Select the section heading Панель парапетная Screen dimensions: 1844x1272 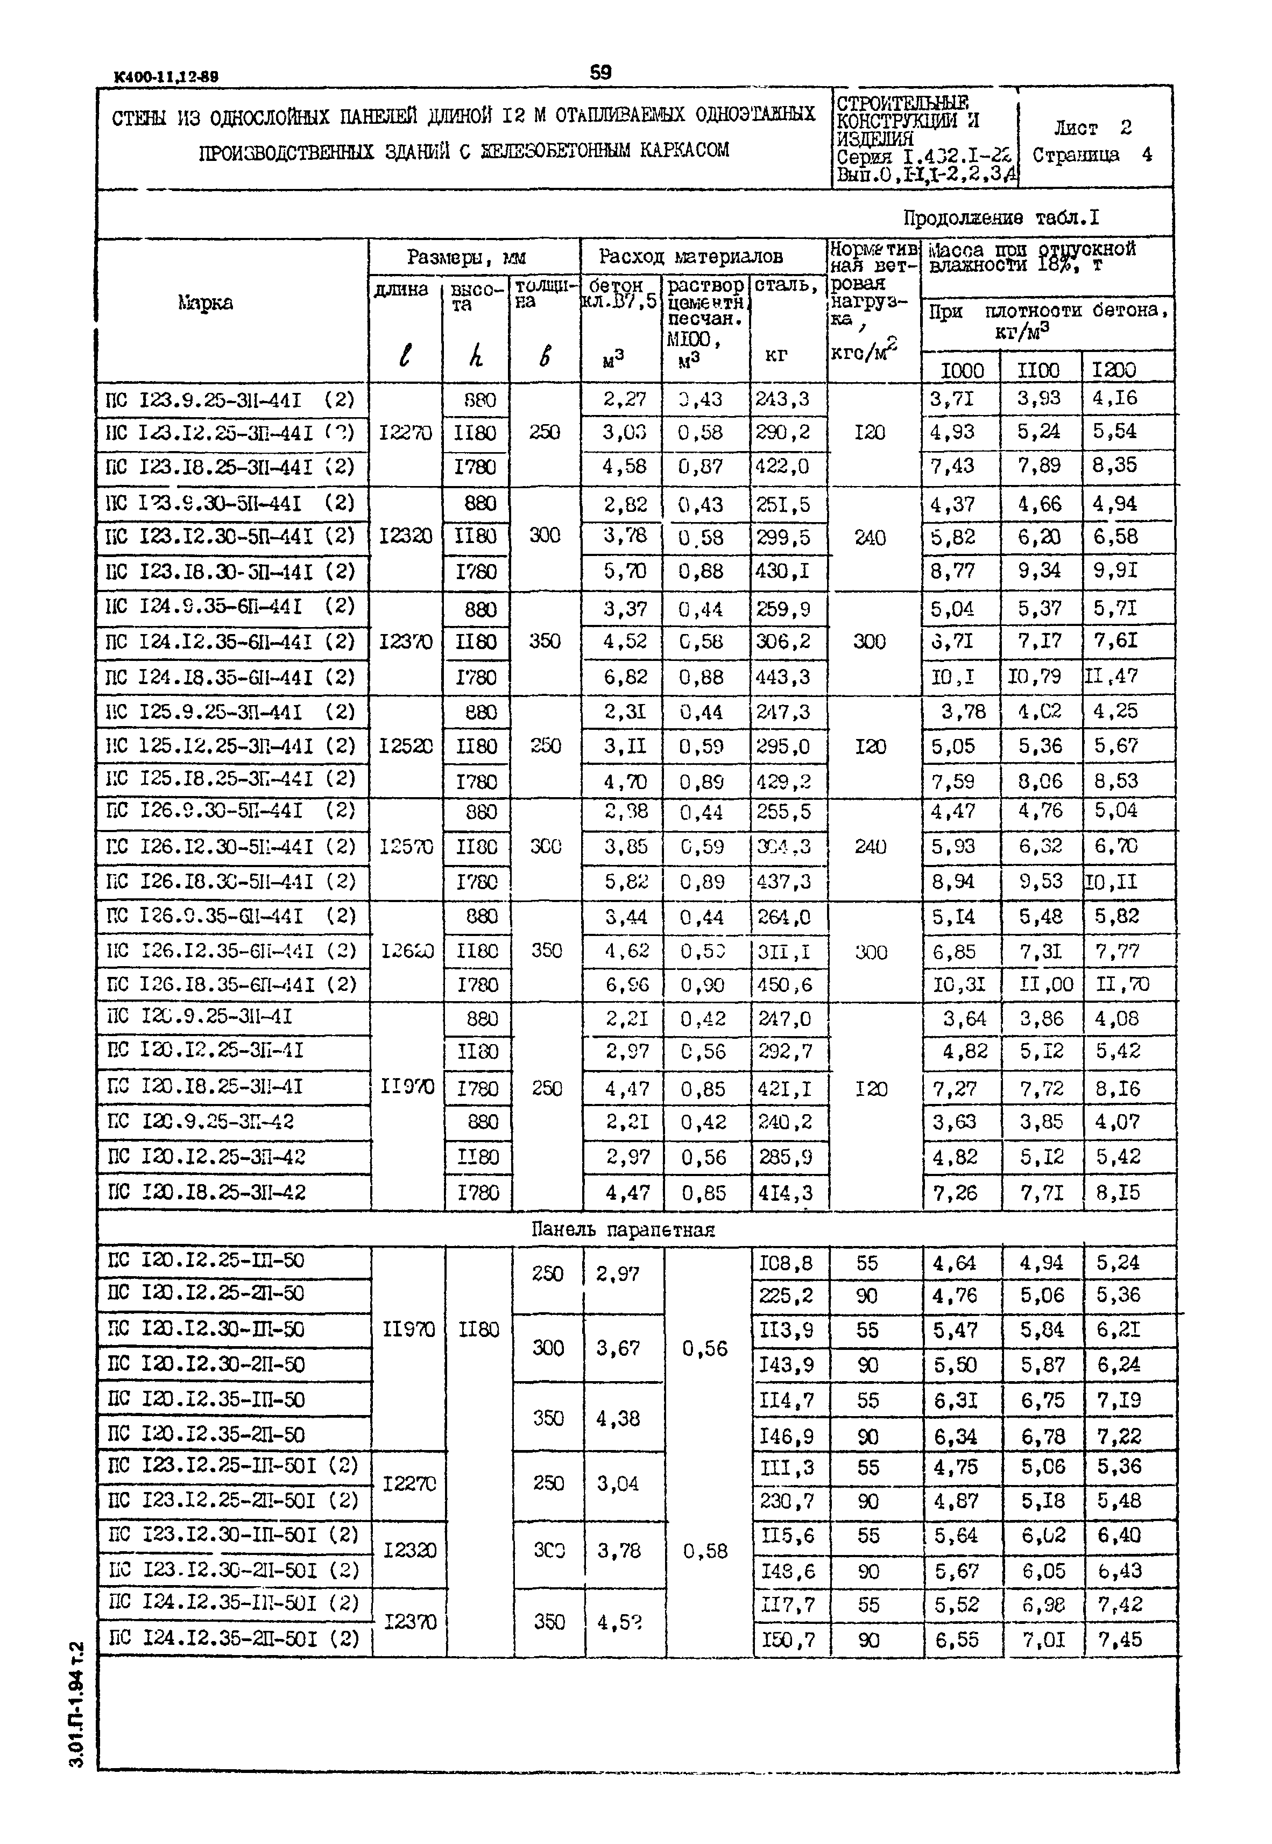[623, 1229]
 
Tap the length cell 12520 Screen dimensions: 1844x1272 [406, 746]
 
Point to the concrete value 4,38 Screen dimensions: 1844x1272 [618, 1418]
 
